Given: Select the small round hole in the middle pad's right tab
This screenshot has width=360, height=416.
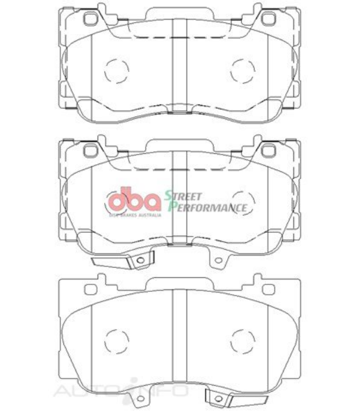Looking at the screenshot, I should tap(218, 259).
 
